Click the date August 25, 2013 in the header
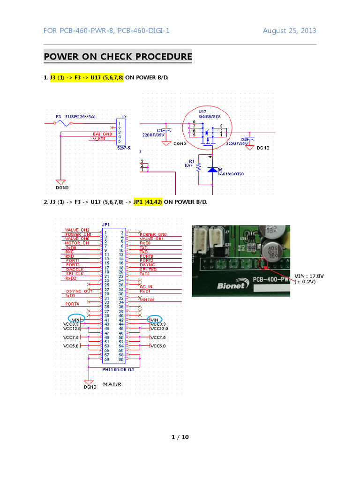(x=289, y=31)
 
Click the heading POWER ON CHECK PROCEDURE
(x=118, y=57)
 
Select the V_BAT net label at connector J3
(x=99, y=139)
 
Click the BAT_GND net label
(x=102, y=134)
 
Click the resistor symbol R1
(x=199, y=167)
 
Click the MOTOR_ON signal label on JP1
(x=77, y=243)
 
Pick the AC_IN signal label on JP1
(x=146, y=285)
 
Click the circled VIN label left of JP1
(x=77, y=319)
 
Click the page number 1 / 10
(x=180, y=437)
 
